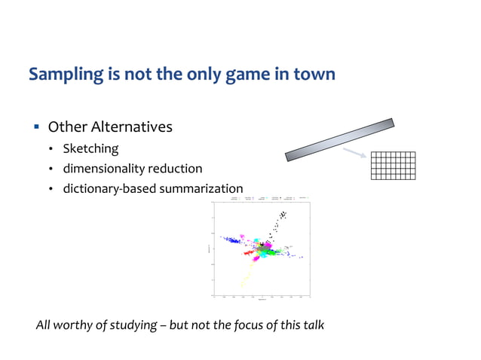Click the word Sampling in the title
(61, 75)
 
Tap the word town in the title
(311, 75)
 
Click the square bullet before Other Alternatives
(35, 127)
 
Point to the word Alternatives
(133, 127)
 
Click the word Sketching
(90, 148)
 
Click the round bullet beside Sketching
(51, 149)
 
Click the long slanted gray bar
(340, 139)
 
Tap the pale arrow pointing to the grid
(354, 154)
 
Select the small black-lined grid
(393, 166)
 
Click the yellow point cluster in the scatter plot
(244, 280)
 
